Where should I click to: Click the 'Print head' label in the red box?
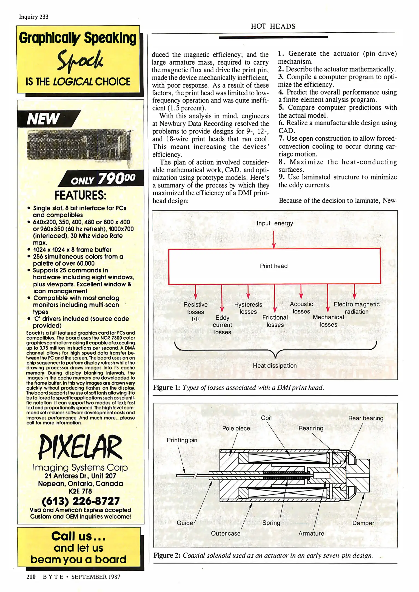273,266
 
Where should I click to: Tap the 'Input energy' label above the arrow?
275,223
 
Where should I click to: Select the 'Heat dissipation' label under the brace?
275,366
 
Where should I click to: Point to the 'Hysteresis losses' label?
248,308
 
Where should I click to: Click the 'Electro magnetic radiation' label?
356,308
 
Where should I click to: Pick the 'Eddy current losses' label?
222,325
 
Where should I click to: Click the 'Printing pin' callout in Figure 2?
182,440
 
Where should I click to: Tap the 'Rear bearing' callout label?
366,418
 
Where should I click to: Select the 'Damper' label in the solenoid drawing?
363,523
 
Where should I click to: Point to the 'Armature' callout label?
311,533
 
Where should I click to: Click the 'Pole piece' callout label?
236,428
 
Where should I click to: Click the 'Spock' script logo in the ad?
80,61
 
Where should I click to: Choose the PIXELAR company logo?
80,447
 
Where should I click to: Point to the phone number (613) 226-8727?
81,501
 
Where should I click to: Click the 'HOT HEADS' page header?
273,26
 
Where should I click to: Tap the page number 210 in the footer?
31,577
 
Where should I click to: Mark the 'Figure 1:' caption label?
166,388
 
